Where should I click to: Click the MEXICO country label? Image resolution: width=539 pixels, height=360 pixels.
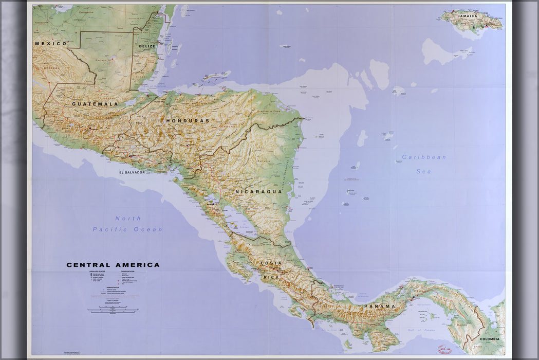51,44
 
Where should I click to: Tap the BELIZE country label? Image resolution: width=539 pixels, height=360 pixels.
147,46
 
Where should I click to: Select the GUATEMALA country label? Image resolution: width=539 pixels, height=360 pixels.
95,104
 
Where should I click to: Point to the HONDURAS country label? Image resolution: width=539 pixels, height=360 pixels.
188,120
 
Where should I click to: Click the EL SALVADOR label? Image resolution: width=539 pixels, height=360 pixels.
132,172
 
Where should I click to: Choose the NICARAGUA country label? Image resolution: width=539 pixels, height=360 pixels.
259,191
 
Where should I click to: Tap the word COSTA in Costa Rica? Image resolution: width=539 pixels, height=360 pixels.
271,263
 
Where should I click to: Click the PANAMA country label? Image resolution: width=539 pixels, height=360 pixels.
380,306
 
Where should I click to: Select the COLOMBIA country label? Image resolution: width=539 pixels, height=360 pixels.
489,339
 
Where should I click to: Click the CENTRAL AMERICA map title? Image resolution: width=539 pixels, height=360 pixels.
113,265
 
